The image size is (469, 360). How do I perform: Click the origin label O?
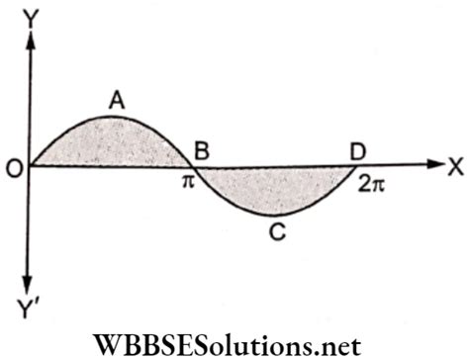(13, 167)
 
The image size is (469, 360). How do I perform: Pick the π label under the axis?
(187, 183)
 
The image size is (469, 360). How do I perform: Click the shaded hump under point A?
(111, 143)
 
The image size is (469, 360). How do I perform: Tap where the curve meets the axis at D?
(360, 166)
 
